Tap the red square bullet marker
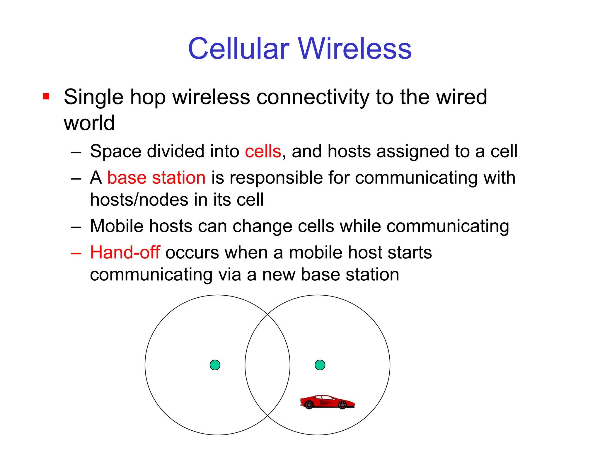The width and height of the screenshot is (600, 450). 46,96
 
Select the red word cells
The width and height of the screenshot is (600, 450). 263,151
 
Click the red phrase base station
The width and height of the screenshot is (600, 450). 156,178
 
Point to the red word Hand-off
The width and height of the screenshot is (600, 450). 125,252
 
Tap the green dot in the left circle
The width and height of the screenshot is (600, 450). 215,365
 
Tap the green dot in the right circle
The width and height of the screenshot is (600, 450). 320,365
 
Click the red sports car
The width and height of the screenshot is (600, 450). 327,402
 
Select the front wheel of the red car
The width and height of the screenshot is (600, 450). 342,405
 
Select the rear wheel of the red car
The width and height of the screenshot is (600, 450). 309,405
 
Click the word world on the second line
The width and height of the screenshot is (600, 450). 89,123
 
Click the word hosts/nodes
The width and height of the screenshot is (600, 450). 139,200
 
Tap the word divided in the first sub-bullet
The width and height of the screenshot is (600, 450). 175,151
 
